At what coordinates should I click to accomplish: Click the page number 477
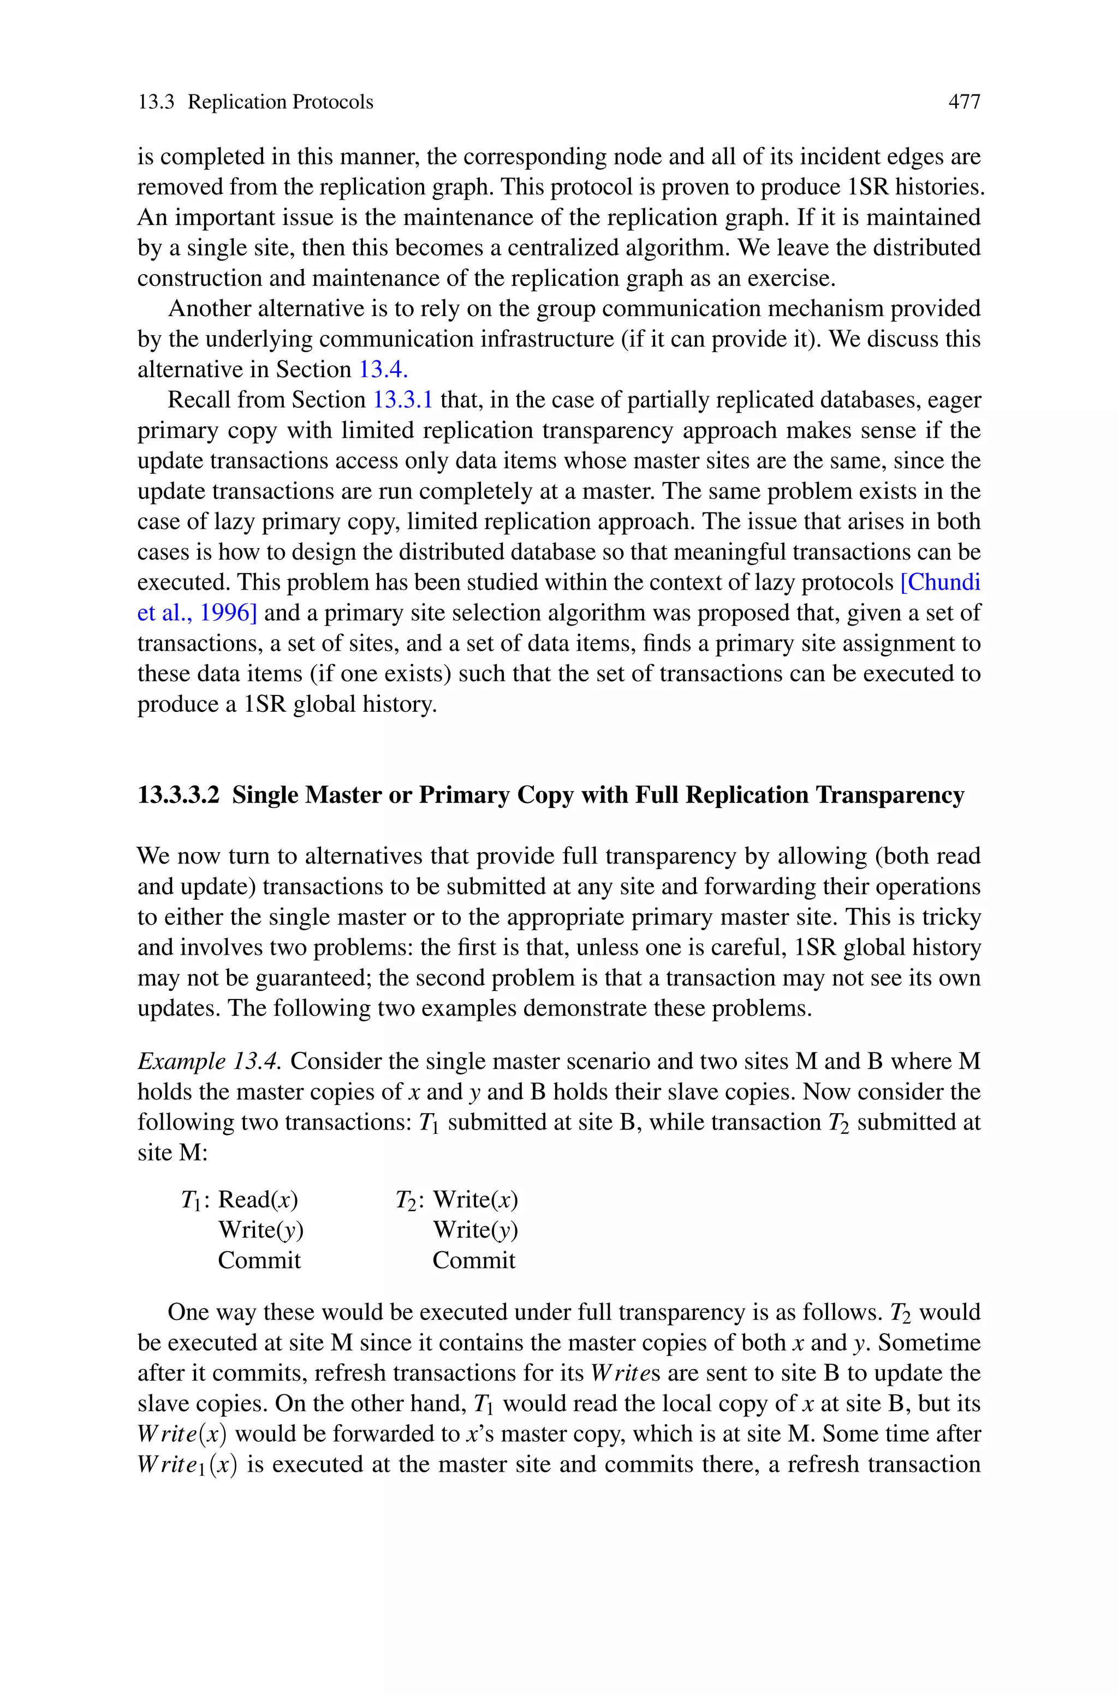[964, 103]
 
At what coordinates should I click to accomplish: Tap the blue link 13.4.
[382, 369]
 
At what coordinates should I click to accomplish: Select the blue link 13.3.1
[403, 400]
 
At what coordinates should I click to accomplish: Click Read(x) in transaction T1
[258, 1200]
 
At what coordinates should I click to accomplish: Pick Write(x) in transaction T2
[475, 1200]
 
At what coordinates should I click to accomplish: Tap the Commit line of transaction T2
[473, 1260]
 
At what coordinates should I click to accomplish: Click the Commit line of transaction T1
[259, 1260]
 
